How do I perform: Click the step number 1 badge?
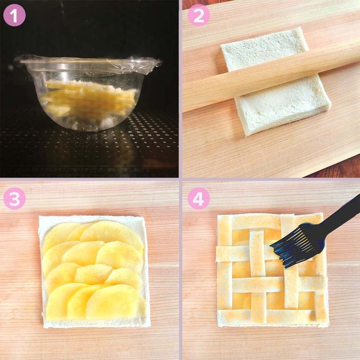click(14, 15)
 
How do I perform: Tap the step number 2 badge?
click(199, 15)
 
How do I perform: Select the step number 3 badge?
click(14, 198)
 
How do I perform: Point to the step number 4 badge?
click(199, 198)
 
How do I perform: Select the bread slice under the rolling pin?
click(275, 82)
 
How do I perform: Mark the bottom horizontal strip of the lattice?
click(266, 315)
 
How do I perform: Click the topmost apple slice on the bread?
click(112, 233)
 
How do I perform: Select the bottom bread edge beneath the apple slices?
click(96, 323)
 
